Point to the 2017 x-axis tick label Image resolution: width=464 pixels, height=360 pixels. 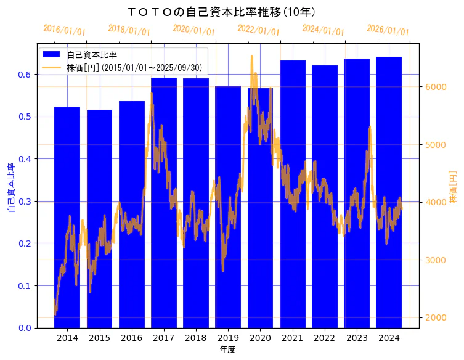(163, 338)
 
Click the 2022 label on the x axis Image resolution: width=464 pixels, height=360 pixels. (324, 338)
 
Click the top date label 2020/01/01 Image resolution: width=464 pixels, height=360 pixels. (193, 30)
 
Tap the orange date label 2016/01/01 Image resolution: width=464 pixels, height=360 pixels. (64, 30)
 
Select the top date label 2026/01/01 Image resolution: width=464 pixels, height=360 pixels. (388, 30)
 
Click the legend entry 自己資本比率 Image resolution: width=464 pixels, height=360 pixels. (92, 55)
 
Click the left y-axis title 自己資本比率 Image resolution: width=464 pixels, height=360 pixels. (10, 187)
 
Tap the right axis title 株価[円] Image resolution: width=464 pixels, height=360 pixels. (453, 187)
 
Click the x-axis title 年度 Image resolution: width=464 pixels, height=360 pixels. (227, 350)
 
